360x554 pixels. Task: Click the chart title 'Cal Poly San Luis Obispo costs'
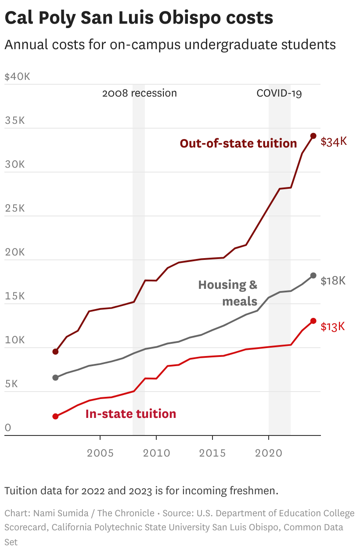(x=139, y=18)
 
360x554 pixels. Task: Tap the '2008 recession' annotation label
(x=139, y=93)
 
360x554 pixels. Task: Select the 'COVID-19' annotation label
(x=279, y=93)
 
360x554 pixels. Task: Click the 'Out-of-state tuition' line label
(x=238, y=144)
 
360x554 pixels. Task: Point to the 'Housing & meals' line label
(x=228, y=293)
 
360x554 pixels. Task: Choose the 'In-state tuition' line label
(x=130, y=414)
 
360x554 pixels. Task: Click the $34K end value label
(x=334, y=142)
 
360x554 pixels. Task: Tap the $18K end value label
(x=333, y=281)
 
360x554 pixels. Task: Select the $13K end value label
(x=333, y=327)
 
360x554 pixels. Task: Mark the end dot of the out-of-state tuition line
(x=313, y=136)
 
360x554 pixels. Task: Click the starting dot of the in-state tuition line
(x=55, y=416)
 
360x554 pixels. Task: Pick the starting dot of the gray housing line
(x=55, y=378)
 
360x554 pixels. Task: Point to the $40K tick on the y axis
(x=17, y=77)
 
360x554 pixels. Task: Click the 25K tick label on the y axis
(x=14, y=209)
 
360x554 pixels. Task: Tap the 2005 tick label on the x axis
(x=100, y=453)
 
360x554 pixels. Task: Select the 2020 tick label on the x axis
(x=269, y=453)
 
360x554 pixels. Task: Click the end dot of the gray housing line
(x=313, y=275)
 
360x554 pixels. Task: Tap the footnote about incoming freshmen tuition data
(x=141, y=490)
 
